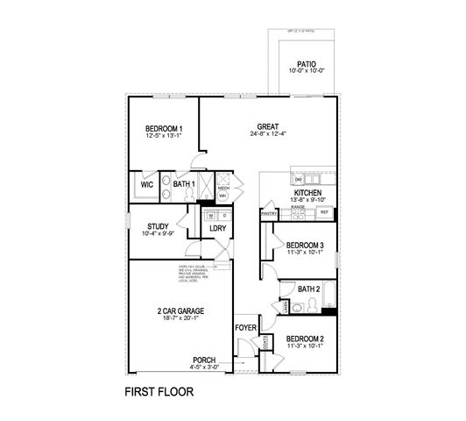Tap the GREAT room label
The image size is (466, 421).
tap(268, 126)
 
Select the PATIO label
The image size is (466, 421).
tap(307, 64)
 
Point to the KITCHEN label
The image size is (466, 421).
tap(307, 192)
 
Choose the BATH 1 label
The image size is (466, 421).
tap(183, 184)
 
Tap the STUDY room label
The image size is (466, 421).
tap(159, 225)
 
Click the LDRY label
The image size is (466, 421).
tap(217, 229)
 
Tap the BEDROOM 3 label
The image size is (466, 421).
tap(306, 246)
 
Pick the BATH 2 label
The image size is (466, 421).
tap(309, 288)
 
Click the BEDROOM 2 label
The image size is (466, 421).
tap(306, 339)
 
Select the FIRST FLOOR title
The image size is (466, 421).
tap(159, 391)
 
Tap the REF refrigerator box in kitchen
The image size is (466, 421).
tap(324, 212)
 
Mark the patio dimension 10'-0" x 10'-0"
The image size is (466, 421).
tap(307, 72)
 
